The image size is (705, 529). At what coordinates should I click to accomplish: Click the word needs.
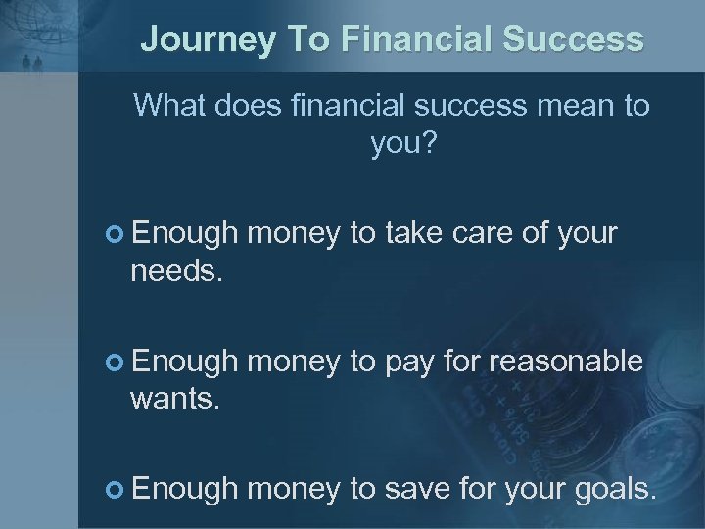point(177,271)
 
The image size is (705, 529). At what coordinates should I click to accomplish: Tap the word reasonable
point(565,361)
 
